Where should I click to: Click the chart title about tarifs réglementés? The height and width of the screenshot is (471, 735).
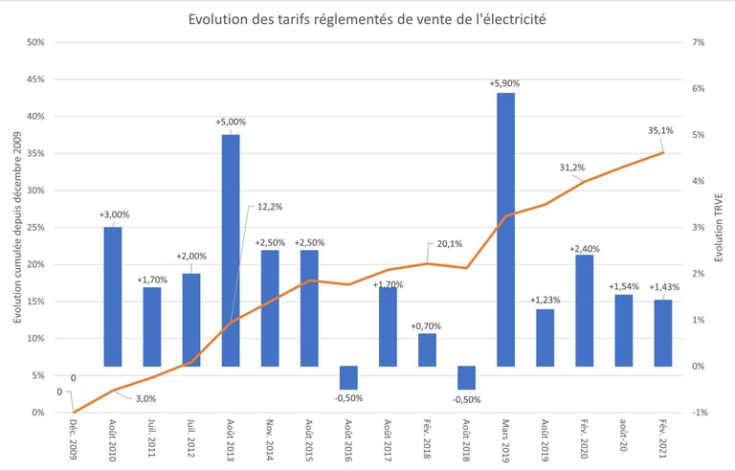click(x=367, y=19)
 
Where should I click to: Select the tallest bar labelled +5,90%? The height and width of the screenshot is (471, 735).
click(x=505, y=229)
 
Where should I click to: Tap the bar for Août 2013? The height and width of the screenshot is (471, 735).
click(x=231, y=250)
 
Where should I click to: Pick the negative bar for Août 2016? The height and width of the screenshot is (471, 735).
click(x=348, y=377)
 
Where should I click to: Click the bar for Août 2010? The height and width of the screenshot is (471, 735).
click(x=113, y=296)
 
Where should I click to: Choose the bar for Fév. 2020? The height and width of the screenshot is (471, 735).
click(x=584, y=310)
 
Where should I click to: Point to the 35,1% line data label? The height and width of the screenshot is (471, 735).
click(x=659, y=131)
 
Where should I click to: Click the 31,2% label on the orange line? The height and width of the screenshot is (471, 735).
click(x=572, y=168)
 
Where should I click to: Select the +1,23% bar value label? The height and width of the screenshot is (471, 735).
click(x=545, y=301)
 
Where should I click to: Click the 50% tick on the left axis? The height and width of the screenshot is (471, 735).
click(x=35, y=42)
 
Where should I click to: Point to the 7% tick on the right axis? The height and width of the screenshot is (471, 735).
click(x=699, y=42)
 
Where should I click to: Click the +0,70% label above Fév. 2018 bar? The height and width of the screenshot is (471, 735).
click(x=427, y=326)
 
